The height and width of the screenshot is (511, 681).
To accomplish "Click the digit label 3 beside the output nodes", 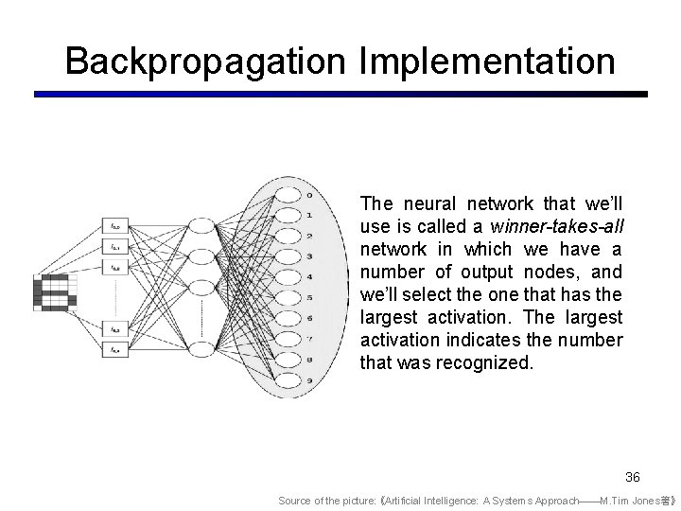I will click(x=309, y=256).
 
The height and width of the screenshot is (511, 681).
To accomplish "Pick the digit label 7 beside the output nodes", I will click(x=309, y=338).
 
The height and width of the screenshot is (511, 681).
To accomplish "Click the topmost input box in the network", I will click(x=115, y=227).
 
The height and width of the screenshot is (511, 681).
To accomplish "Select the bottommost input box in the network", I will click(x=115, y=350).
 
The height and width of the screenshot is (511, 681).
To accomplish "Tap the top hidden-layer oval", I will click(x=201, y=227).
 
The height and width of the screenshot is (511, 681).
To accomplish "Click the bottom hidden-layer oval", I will click(x=201, y=350).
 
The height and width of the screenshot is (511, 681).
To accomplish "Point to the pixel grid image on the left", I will click(x=53, y=291).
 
